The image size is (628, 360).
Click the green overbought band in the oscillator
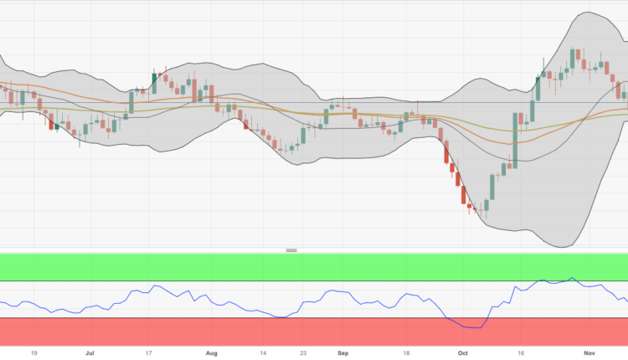[x=314, y=267]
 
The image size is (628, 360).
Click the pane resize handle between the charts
[x=292, y=249]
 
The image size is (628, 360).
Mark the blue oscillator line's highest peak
[x=573, y=278]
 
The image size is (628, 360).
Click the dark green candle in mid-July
[x=154, y=81]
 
